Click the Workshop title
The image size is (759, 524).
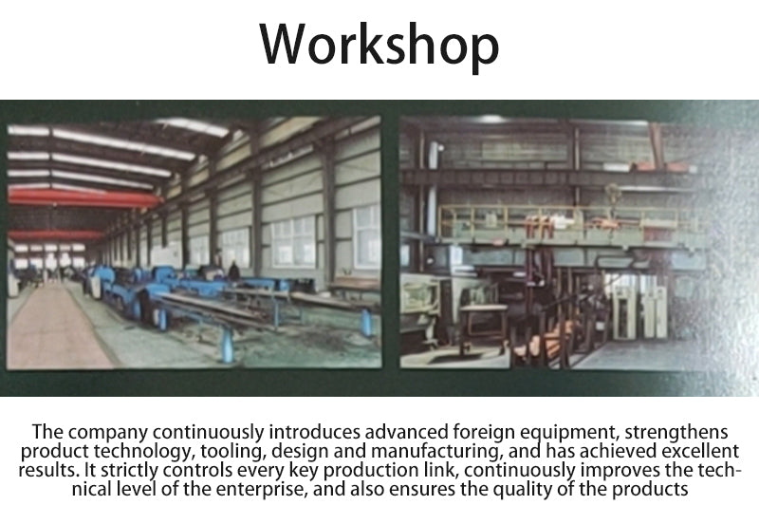pyautogui.click(x=379, y=45)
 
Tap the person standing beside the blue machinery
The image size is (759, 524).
pyautogui.click(x=233, y=271)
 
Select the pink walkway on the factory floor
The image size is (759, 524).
pyautogui.click(x=53, y=326)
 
